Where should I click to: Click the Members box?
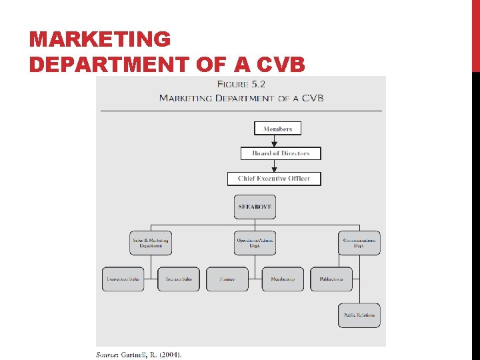(x=277, y=128)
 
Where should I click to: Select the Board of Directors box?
(x=281, y=153)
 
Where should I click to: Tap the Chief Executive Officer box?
(x=274, y=179)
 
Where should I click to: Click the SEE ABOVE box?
(x=255, y=207)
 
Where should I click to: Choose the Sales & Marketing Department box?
(x=150, y=243)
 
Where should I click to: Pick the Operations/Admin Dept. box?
(x=255, y=243)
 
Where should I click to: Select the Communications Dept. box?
(x=359, y=243)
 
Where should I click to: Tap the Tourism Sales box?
(x=179, y=279)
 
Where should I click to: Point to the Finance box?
(x=227, y=279)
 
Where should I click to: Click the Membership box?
(x=283, y=279)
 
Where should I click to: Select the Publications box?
(x=331, y=279)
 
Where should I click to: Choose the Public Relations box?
(x=359, y=315)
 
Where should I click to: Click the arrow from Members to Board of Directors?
(x=274, y=141)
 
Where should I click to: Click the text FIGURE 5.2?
(x=241, y=85)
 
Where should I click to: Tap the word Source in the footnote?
(x=107, y=354)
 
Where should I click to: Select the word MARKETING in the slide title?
(x=100, y=39)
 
